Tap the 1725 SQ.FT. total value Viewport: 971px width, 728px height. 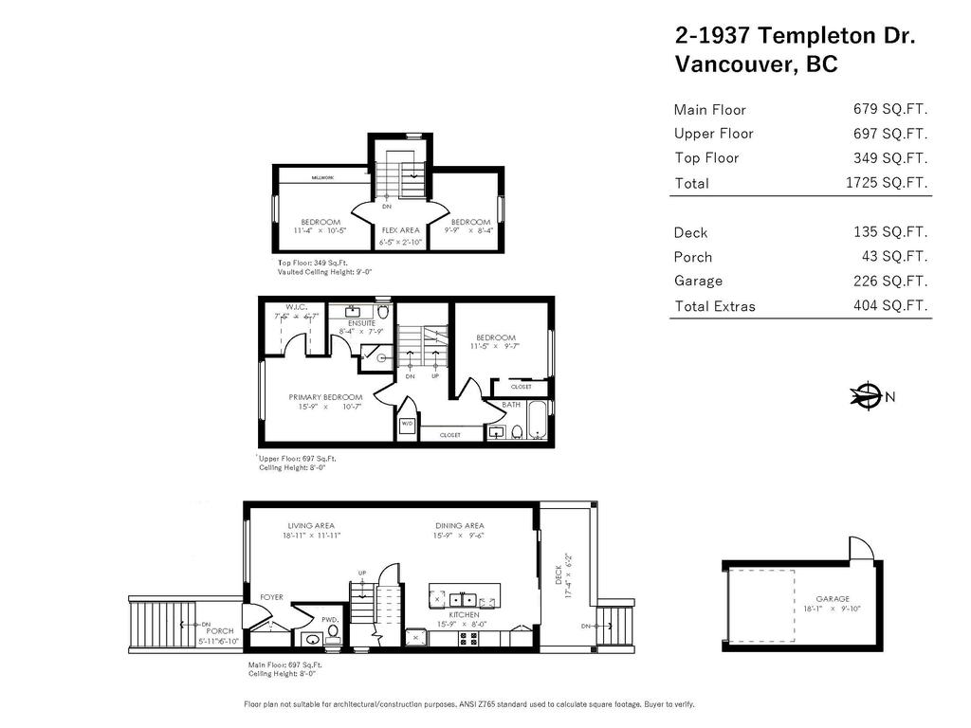pos(886,183)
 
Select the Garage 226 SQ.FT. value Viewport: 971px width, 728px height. pos(890,281)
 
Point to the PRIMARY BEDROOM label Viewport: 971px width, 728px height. pos(325,396)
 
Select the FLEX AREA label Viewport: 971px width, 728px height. pos(400,230)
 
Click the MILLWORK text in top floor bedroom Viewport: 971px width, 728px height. pos(325,177)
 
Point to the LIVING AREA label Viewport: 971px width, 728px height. pos(311,525)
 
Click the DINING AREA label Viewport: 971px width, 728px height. pos(459,525)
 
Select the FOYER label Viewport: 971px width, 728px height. pos(271,597)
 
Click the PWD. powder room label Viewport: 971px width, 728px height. pos(330,619)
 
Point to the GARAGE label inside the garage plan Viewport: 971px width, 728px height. pos(833,598)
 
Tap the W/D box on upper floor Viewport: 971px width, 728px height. pos(407,424)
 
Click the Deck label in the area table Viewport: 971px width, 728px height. pos(690,232)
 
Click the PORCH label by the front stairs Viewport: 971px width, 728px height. pos(220,631)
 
